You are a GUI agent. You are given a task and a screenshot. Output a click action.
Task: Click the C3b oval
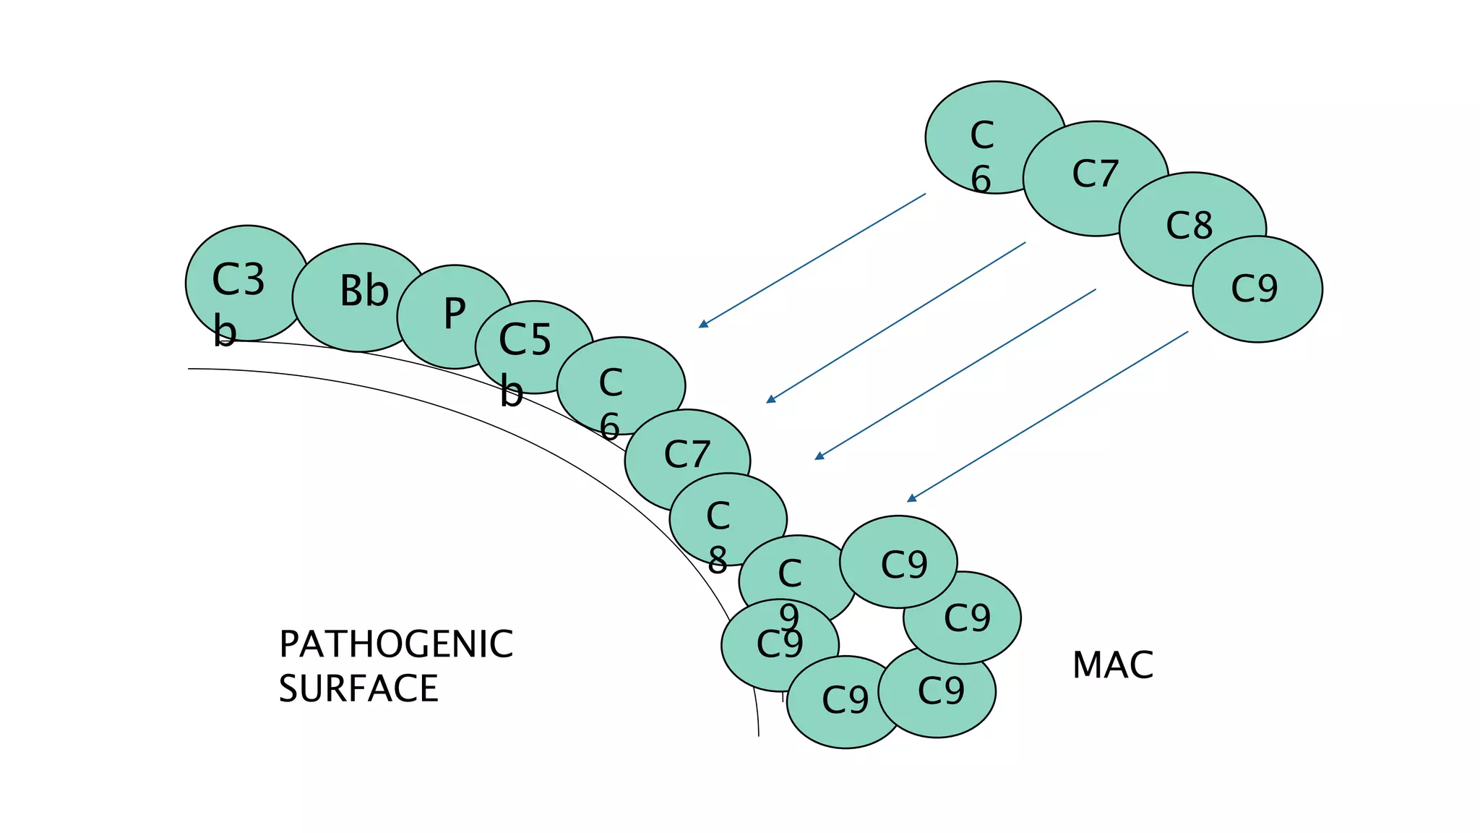click(246, 283)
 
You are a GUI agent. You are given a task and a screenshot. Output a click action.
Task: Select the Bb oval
click(359, 297)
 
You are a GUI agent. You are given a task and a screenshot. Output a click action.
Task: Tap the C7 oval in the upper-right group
click(1095, 177)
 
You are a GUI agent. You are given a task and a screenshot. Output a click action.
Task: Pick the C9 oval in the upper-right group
click(1257, 289)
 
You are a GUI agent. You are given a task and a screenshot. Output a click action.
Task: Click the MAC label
click(1113, 665)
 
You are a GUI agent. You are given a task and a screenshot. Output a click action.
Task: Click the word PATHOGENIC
click(396, 644)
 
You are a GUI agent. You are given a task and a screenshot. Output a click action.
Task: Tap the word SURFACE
click(358, 688)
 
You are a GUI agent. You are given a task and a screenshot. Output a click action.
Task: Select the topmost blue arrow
click(812, 260)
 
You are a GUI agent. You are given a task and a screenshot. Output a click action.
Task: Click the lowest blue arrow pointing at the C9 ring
click(1048, 416)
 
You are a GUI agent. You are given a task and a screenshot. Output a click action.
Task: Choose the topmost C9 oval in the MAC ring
click(898, 562)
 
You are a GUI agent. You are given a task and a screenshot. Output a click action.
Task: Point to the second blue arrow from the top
click(896, 322)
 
